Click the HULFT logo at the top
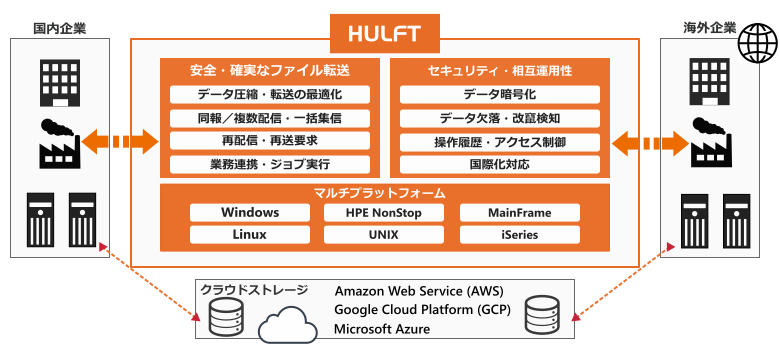coord(386,32)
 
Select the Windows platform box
coord(250,213)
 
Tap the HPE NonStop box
coord(385,213)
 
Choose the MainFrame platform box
coord(520,213)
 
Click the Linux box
coord(250,235)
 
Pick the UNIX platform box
coord(385,235)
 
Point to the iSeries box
coord(520,235)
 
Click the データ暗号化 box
coord(500,95)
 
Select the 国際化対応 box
coord(500,164)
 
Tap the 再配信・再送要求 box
coord(270,141)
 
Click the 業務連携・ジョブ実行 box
coord(270,164)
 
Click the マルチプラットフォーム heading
coord(385,192)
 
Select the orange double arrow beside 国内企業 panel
coord(120,141)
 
